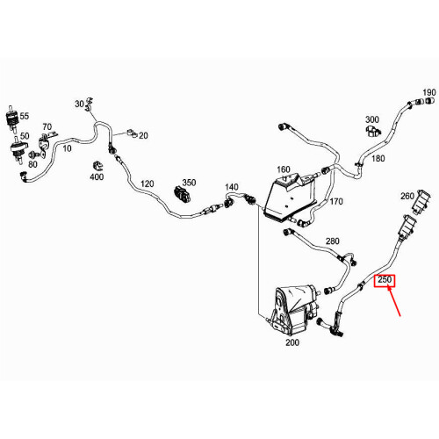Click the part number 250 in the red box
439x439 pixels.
click(x=385, y=282)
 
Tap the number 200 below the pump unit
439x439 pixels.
click(x=292, y=342)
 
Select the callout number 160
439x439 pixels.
click(x=283, y=169)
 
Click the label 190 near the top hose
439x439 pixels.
click(x=428, y=93)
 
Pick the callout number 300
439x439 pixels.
click(x=371, y=119)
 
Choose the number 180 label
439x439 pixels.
click(x=378, y=158)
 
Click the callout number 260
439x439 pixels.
click(x=407, y=195)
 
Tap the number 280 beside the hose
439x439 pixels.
click(x=332, y=241)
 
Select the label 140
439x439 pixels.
click(x=232, y=187)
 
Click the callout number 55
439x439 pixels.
click(x=25, y=116)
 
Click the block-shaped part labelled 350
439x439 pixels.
click(x=186, y=197)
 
